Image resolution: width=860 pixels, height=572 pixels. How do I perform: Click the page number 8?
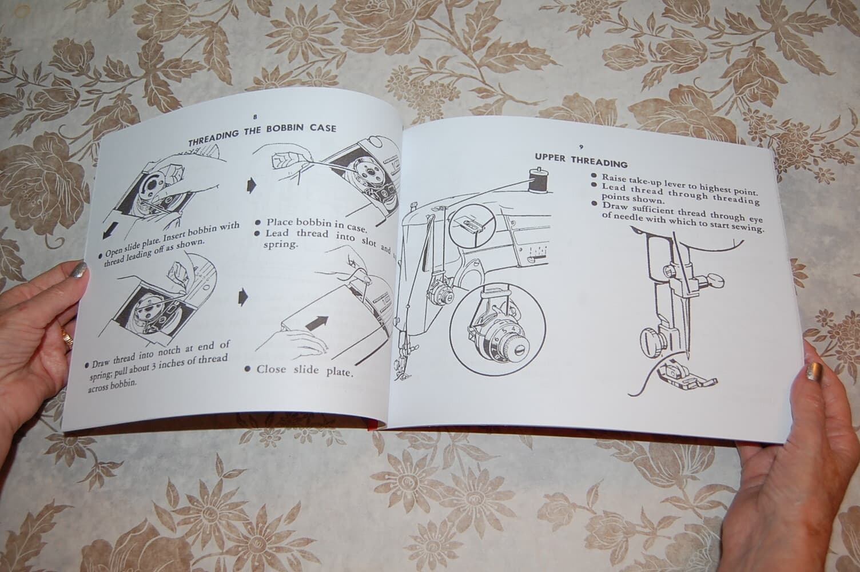(x=254, y=116)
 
